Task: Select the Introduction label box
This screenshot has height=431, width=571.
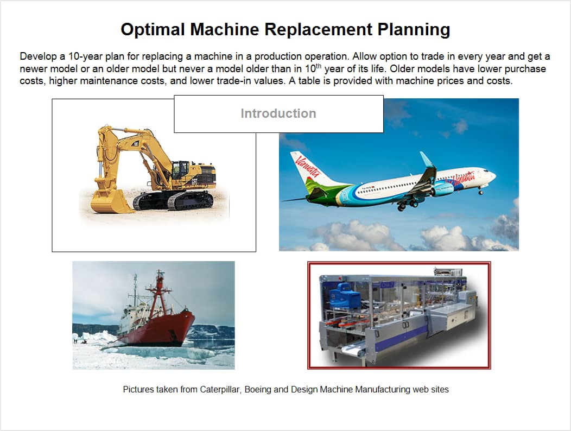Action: click(x=278, y=113)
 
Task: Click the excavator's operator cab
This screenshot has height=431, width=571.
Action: click(x=181, y=169)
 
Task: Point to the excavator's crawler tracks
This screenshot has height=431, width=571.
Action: click(x=174, y=201)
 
